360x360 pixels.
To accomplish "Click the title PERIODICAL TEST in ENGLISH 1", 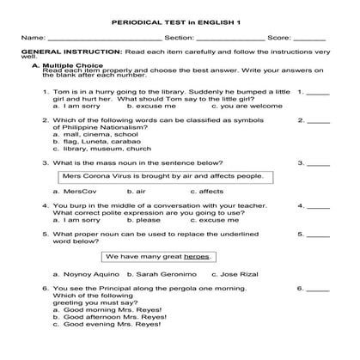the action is point(180,15).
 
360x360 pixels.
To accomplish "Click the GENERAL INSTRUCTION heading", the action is point(65,52).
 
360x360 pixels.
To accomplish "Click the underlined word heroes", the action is point(196,256).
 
